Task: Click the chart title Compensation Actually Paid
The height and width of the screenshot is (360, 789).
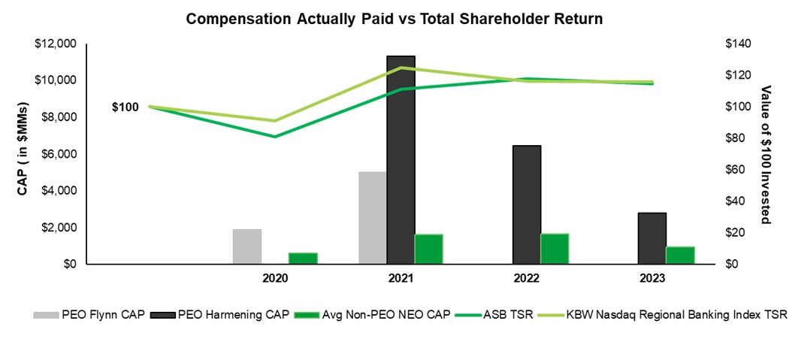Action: pos(394,17)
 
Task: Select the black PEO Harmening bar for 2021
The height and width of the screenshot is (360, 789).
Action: pos(401,160)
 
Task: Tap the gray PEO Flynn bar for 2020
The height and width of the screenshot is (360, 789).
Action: pos(246,247)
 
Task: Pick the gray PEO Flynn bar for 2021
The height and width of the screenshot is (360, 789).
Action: pos(373,218)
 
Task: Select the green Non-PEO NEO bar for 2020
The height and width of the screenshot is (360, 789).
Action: pos(303,259)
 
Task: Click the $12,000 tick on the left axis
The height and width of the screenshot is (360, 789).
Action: pos(56,44)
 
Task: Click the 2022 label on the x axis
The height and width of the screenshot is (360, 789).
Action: pos(527,279)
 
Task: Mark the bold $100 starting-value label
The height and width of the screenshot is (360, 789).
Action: pos(125,107)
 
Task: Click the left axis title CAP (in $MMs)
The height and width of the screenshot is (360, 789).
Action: pos(23,153)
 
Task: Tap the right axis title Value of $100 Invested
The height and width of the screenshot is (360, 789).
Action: pos(766,154)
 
